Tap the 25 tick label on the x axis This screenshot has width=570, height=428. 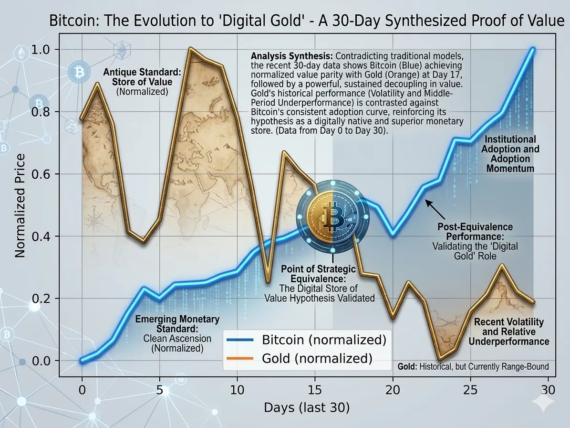(471, 388)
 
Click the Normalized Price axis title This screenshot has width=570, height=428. (20, 205)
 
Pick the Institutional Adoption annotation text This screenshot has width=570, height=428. (510, 153)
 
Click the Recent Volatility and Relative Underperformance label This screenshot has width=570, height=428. (508, 332)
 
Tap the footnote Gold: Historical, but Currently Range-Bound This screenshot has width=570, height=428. (473, 366)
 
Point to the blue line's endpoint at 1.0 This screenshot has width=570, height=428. (532, 50)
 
